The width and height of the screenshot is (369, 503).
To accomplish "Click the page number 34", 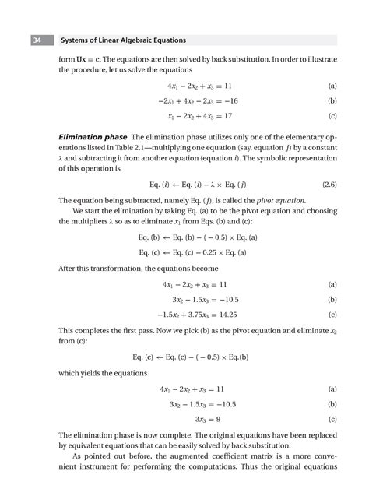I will coord(37,40).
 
